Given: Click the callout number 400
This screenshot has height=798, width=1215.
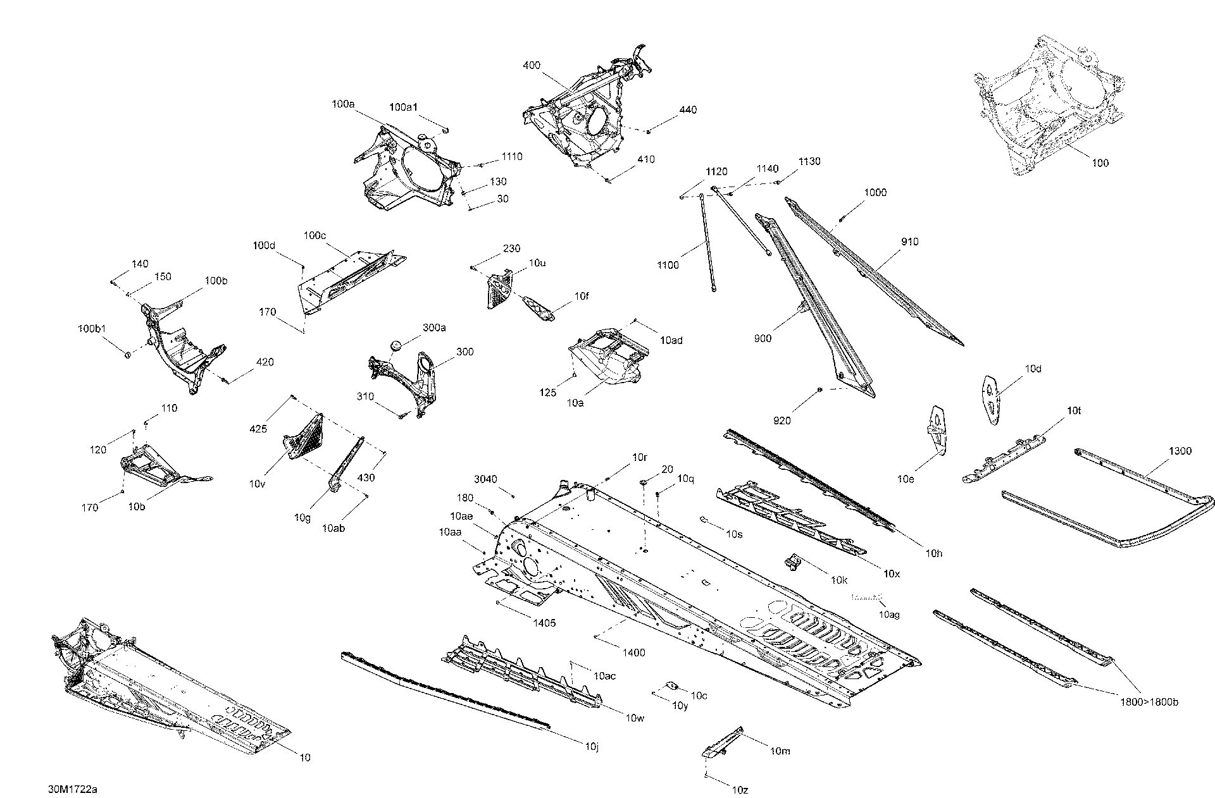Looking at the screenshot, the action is point(532,65).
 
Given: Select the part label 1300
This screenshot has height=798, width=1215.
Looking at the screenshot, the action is point(1180,451).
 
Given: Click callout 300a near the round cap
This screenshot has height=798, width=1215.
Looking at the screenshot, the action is point(434,328).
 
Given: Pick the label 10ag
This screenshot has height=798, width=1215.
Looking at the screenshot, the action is point(889,614).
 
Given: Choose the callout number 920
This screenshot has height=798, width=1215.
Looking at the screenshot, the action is point(782,420).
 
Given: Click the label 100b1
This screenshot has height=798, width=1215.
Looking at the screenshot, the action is point(91,329).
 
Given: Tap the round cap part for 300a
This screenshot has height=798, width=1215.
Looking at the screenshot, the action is point(397,345).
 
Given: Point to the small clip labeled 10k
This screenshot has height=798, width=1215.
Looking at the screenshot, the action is point(793,561).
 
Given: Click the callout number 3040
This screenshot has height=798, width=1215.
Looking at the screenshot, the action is point(486,479).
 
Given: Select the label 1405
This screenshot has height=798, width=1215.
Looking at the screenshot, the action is point(544,623).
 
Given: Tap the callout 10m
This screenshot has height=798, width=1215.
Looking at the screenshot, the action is point(780,751).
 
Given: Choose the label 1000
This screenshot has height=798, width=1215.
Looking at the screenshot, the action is point(875,193).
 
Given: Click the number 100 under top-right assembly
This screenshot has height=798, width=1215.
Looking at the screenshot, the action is point(1100,163).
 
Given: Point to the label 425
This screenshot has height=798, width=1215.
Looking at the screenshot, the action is point(258,429).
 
